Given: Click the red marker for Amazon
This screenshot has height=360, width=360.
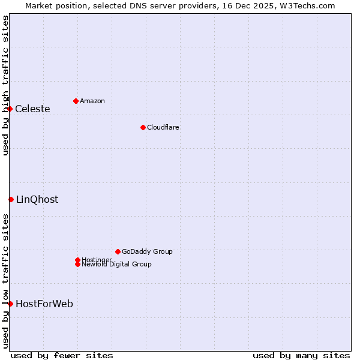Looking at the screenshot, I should pyautogui.click(x=76, y=101).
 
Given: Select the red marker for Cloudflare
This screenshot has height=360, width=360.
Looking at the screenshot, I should pyautogui.click(x=143, y=127).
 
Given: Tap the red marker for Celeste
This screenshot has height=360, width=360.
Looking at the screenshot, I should pyautogui.click(x=10, y=109).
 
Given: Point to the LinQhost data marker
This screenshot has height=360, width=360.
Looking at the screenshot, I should pyautogui.click(x=11, y=199).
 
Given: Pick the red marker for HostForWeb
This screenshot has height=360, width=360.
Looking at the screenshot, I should pyautogui.click(x=10, y=304).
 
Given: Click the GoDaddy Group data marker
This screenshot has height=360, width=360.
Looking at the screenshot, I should pyautogui.click(x=118, y=251).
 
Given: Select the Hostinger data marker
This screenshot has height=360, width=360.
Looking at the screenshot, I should pyautogui.click(x=77, y=260).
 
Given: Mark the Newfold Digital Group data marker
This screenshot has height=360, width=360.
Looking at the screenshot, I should pyautogui.click(x=77, y=264).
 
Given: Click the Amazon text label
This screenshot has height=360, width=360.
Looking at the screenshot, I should pyautogui.click(x=92, y=101).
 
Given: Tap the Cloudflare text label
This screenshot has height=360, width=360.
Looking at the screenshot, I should pyautogui.click(x=163, y=127).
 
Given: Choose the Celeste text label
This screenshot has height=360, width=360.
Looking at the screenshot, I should pyautogui.click(x=32, y=109).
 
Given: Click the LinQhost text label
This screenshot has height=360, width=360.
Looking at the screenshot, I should pyautogui.click(x=37, y=200).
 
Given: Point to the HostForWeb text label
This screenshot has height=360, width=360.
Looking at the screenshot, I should pyautogui.click(x=44, y=304).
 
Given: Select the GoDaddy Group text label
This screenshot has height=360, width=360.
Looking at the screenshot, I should pyautogui.click(x=147, y=251).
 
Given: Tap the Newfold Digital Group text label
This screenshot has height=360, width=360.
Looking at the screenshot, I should pyautogui.click(x=116, y=264).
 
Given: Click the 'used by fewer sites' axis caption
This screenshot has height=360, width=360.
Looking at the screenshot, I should pyautogui.click(x=62, y=355).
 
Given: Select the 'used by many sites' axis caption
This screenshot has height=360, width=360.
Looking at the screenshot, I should pyautogui.click(x=301, y=355).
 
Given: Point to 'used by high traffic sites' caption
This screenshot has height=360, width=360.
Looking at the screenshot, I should pyautogui.click(x=6, y=85).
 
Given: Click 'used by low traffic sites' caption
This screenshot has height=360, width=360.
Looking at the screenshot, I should pyautogui.click(x=6, y=281).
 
